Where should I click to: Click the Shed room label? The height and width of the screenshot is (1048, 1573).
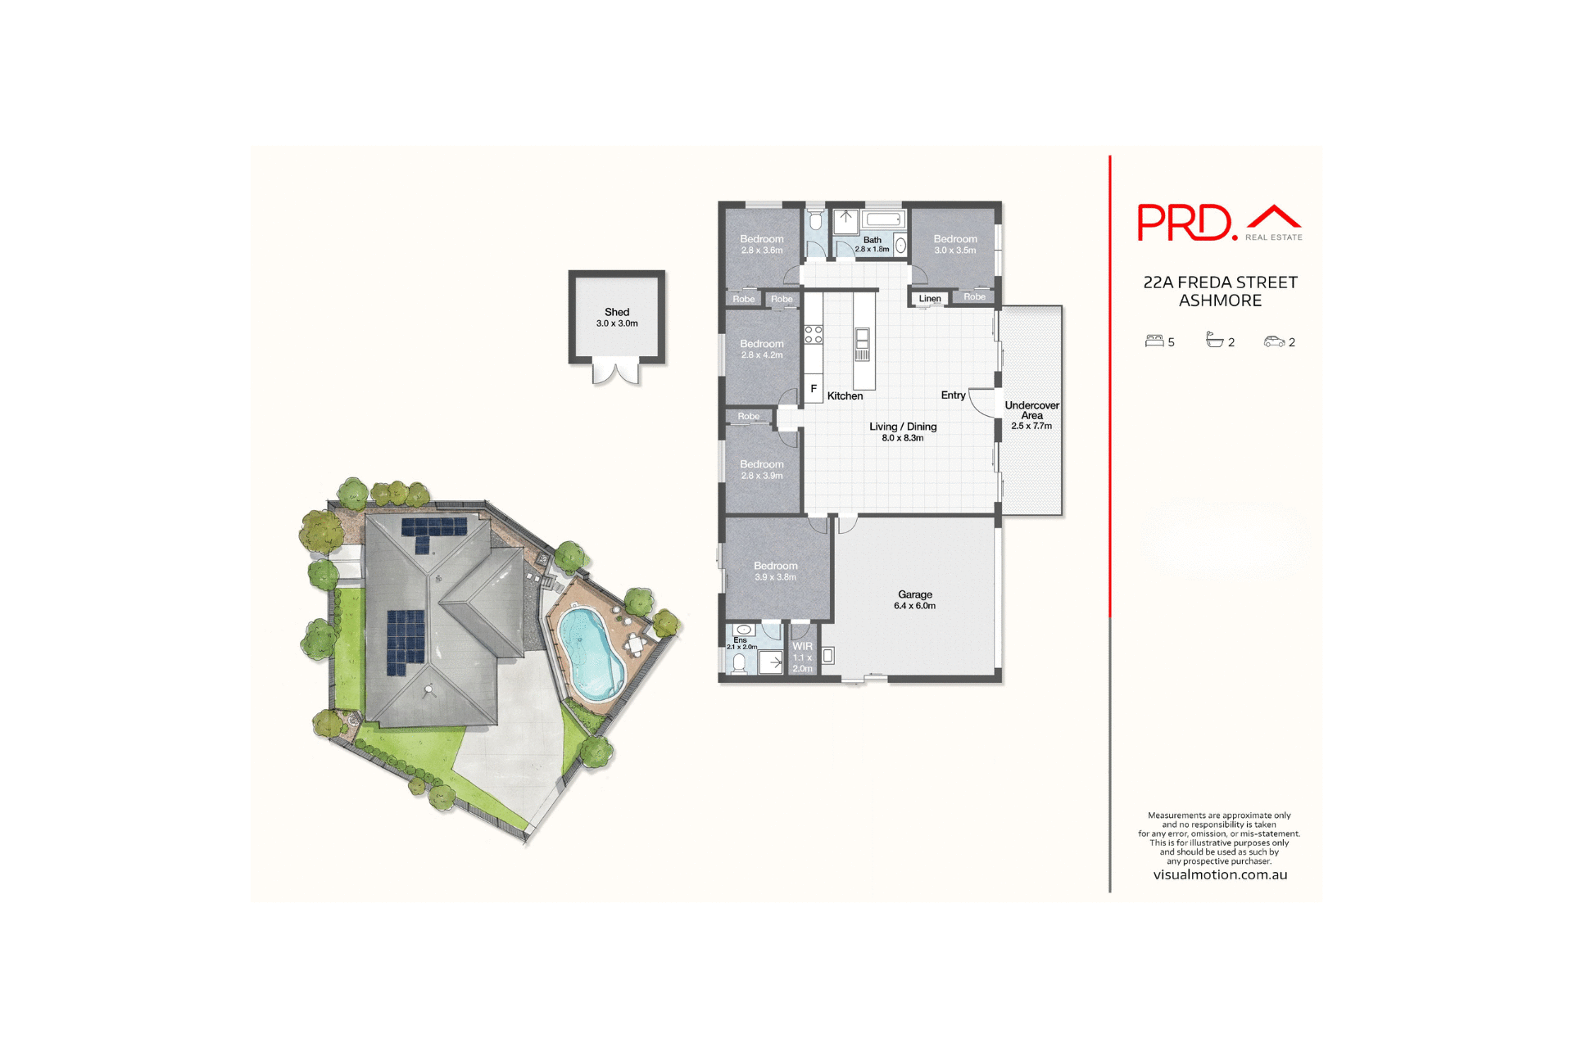(x=617, y=312)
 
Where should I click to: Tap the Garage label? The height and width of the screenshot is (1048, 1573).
(x=914, y=594)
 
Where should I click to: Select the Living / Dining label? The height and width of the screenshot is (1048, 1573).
(x=903, y=427)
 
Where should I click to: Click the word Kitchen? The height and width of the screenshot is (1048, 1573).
(x=845, y=396)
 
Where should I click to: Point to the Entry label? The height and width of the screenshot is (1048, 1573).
(x=953, y=395)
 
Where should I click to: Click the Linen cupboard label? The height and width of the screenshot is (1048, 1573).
(x=930, y=299)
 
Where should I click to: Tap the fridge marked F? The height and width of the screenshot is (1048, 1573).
(x=814, y=389)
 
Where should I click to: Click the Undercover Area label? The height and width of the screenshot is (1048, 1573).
(x=1031, y=410)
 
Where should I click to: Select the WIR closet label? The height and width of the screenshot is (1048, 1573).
(x=802, y=647)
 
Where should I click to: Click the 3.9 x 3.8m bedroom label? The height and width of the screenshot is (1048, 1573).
(x=775, y=571)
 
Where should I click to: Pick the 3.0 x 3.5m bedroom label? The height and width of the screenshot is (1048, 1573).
(x=955, y=244)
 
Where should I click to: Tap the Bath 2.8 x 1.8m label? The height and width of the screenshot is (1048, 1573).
(x=872, y=244)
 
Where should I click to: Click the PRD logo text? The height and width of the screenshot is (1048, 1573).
(x=1186, y=222)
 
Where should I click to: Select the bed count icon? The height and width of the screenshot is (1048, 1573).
(x=1154, y=341)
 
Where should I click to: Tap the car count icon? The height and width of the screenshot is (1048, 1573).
(x=1274, y=341)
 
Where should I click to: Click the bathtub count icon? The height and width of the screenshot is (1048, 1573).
(x=1214, y=341)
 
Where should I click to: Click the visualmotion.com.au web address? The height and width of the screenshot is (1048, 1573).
(x=1220, y=874)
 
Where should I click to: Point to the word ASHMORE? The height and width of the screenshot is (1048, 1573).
(x=1220, y=300)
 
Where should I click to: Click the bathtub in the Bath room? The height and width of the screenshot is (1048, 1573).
(x=883, y=219)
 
